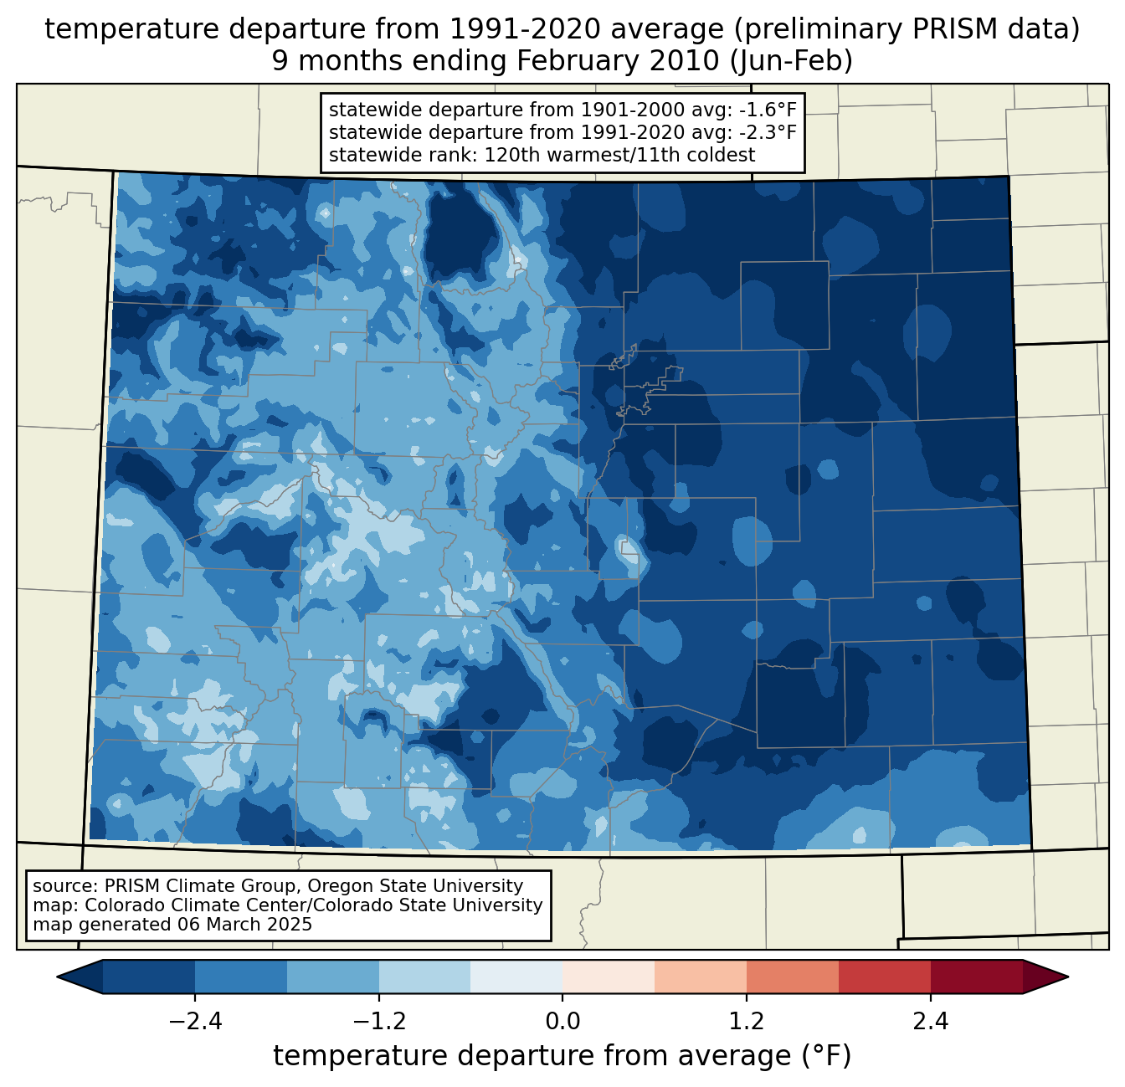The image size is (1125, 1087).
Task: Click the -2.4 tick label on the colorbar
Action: point(195,1022)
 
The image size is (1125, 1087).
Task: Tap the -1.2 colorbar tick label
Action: point(378,1022)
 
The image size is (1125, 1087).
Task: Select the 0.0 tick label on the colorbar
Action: point(562,1022)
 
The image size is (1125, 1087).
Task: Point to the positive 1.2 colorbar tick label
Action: point(747,1022)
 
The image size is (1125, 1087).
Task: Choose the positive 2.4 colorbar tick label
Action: point(930,1022)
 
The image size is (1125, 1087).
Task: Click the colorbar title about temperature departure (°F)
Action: point(562,1056)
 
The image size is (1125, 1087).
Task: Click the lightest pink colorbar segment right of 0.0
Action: point(609,977)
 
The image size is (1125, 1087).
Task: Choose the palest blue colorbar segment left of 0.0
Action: point(516,977)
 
